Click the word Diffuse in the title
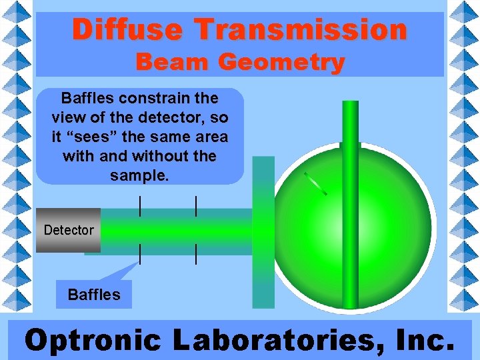pos(127,30)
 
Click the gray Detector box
pos(68,230)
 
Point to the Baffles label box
pos(94,295)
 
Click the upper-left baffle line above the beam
pos(139,206)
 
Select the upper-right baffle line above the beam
pos(195,206)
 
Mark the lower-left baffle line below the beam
pos(139,254)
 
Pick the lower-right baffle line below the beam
pos(195,254)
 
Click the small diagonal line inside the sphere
pos(315,184)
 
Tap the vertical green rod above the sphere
pos(349,123)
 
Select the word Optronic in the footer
pos(93,341)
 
